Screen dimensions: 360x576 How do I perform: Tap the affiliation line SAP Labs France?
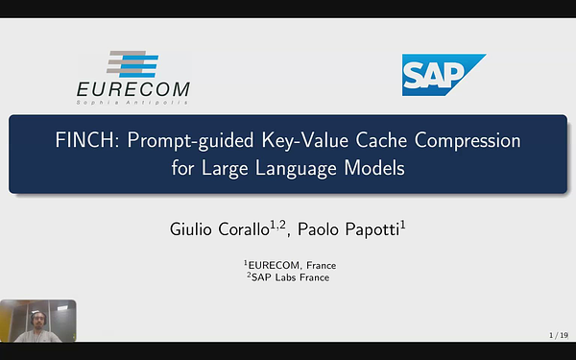288,277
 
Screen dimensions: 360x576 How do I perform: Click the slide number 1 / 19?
557,335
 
